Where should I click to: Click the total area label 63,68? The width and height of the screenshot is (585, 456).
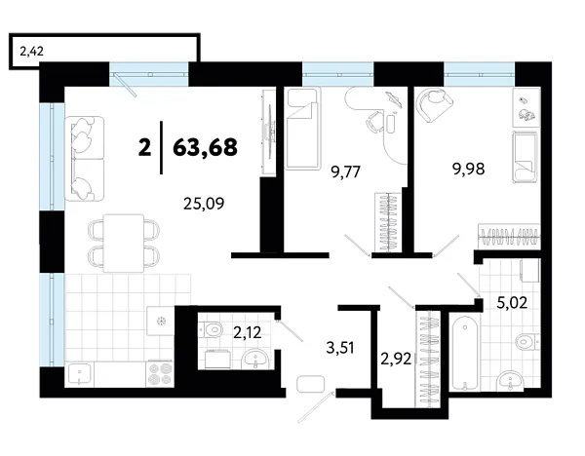(205, 147)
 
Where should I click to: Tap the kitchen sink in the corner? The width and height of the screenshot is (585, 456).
(81, 372)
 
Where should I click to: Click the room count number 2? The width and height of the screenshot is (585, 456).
(145, 147)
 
